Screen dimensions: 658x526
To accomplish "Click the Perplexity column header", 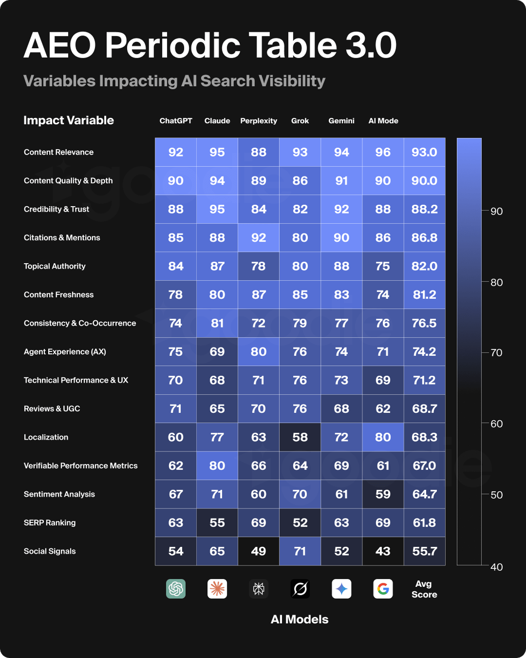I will (x=259, y=121).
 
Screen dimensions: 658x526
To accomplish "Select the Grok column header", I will (x=300, y=121).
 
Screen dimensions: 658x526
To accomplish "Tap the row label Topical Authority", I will (x=55, y=266).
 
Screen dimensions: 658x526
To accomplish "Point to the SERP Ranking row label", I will (x=50, y=523).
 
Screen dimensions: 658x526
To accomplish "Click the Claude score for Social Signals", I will (x=217, y=551).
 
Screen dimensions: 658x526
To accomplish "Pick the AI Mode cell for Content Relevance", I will (x=383, y=152).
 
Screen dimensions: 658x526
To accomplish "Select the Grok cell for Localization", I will (x=300, y=437).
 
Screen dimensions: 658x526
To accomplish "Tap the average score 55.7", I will (x=424, y=551).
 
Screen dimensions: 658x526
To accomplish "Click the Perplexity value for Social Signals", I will (x=259, y=551).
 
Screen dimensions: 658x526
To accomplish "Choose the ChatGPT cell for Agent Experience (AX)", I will (x=176, y=351).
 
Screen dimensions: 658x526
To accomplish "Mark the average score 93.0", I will (x=424, y=152).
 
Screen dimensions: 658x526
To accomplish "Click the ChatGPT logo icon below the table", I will (x=176, y=589).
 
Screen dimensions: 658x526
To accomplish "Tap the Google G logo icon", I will (x=383, y=589).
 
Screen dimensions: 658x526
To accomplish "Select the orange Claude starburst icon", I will (x=217, y=589).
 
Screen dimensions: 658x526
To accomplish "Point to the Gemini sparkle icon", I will (x=341, y=589).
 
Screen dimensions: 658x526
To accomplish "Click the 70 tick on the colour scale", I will (x=496, y=352).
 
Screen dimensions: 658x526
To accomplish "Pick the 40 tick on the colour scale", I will (x=496, y=567).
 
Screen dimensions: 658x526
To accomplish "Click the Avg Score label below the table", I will (x=424, y=589).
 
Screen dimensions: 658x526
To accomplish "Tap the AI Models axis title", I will (x=300, y=619).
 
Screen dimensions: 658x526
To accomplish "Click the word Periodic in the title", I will (x=172, y=45).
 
